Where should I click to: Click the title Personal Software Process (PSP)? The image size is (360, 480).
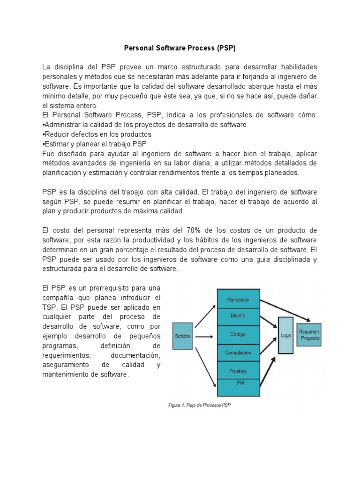(180, 48)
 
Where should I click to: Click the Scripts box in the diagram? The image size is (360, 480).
(183, 336)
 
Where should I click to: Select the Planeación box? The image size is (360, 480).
(238, 299)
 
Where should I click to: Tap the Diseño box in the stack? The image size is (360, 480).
(238, 316)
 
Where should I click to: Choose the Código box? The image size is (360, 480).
(238, 335)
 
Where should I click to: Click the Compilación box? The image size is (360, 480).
(238, 352)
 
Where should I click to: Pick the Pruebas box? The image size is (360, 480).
(238, 371)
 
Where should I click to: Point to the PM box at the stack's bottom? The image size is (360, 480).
(238, 383)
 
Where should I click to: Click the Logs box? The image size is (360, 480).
(285, 336)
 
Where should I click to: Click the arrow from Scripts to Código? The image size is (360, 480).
(205, 337)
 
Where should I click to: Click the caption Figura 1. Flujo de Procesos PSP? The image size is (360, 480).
(199, 405)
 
